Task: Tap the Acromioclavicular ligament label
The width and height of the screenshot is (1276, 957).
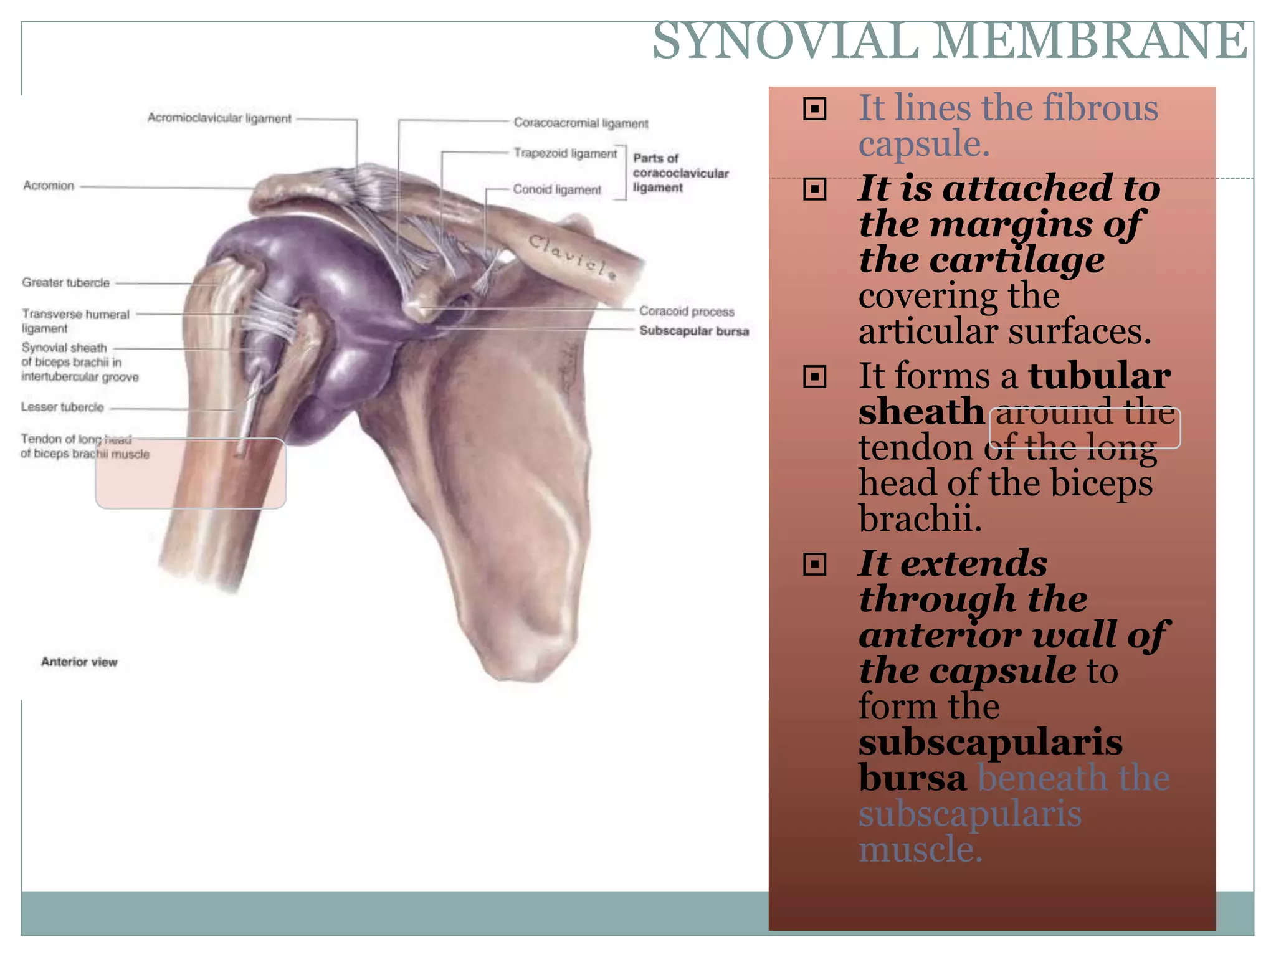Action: (x=219, y=118)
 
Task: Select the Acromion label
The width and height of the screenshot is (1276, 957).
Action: (x=49, y=186)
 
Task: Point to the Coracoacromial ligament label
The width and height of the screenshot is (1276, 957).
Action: (x=580, y=123)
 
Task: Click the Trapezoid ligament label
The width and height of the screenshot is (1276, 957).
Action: (x=564, y=153)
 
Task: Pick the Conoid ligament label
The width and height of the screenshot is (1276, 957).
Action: (x=556, y=189)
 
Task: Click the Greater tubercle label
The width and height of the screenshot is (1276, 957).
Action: (x=65, y=283)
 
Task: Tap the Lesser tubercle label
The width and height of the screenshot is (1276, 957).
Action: (x=62, y=407)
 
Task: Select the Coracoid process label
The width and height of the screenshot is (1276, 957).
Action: (x=686, y=311)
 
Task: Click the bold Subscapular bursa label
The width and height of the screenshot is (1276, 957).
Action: (x=693, y=331)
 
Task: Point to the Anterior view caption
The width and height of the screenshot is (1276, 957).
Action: (x=79, y=662)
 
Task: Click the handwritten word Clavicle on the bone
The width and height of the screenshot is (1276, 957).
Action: (x=572, y=256)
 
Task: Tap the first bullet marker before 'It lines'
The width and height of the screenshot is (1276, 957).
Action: (x=814, y=109)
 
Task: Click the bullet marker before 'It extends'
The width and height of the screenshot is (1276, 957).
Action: (x=814, y=564)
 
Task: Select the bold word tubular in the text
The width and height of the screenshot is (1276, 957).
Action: (x=1099, y=376)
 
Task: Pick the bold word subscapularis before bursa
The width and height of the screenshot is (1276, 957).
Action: (x=990, y=742)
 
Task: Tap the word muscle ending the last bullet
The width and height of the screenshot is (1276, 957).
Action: (x=920, y=849)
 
